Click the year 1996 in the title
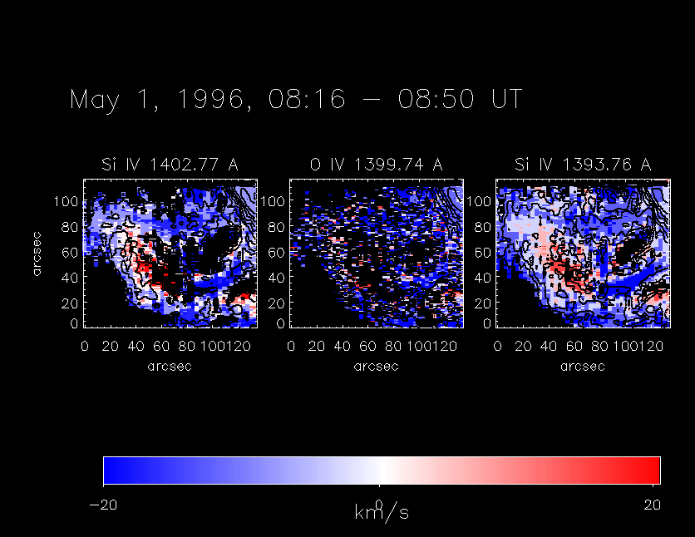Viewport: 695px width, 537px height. pyautogui.click(x=209, y=100)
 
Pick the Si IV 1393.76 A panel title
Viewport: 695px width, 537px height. pyautogui.click(x=582, y=165)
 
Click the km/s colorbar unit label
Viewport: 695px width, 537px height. pyautogui.click(x=382, y=513)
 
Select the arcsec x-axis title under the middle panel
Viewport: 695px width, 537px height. pyautogui.click(x=376, y=367)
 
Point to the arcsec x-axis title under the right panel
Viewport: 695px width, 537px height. pyautogui.click(x=582, y=367)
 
